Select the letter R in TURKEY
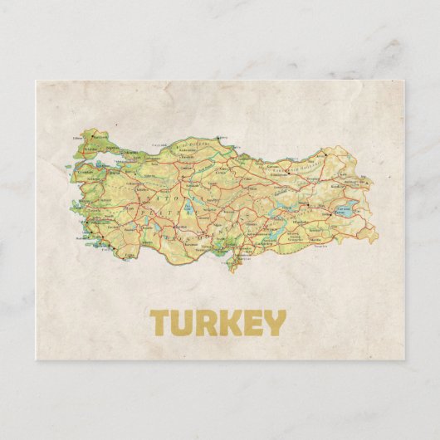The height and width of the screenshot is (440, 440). (x=208, y=323)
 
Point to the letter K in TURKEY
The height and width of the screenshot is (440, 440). (x=230, y=323)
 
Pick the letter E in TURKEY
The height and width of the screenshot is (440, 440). (x=252, y=323)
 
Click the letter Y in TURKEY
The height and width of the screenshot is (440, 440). (x=273, y=323)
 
